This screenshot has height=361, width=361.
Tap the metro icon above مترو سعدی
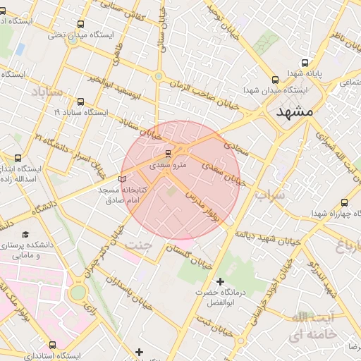tap(168, 154)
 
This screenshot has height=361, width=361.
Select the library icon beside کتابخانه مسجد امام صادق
tap(123, 179)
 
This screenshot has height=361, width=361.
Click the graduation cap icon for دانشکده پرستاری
tap(26, 234)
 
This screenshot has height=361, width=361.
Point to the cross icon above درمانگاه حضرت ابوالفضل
tap(220, 281)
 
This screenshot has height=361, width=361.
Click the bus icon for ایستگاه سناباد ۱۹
tap(81, 102)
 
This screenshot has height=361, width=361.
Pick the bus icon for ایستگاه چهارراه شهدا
tap(345, 202)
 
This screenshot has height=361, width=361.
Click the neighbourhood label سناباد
tap(47, 92)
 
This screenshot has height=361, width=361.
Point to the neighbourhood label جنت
tap(137, 244)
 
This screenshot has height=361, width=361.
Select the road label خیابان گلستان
tap(190, 257)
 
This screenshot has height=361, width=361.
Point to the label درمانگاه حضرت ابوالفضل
tap(219, 297)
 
